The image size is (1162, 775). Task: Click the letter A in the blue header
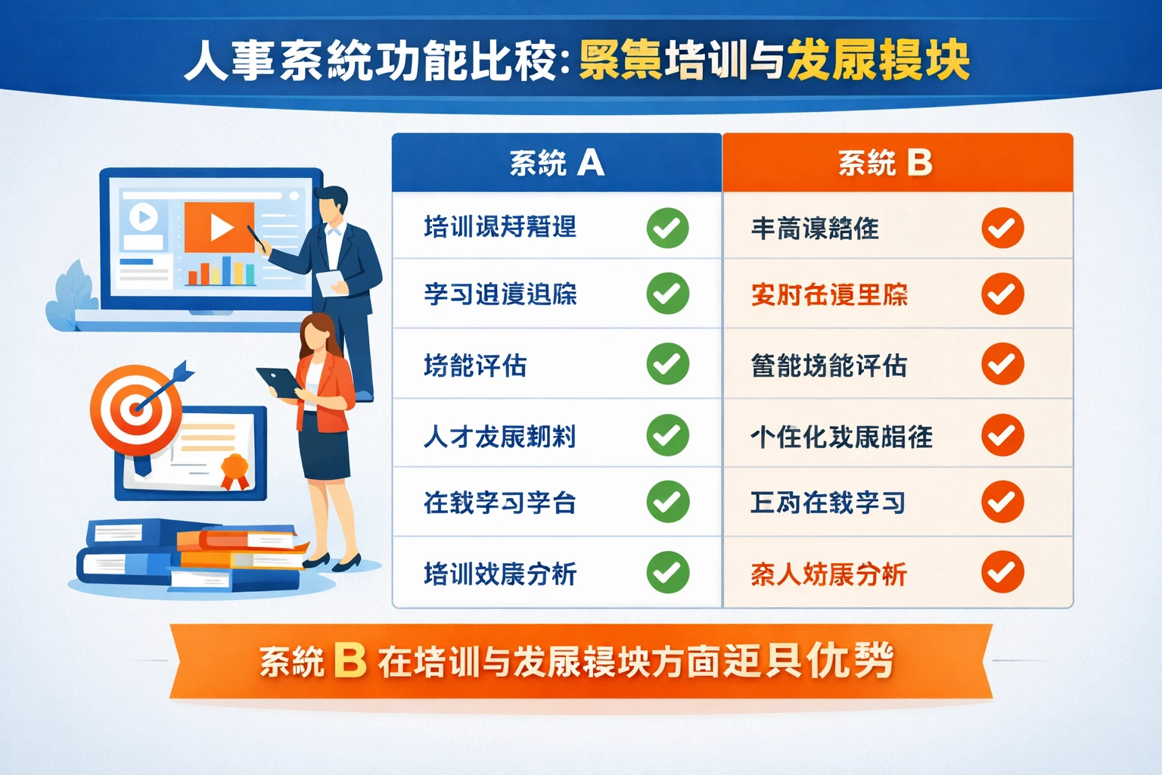(591, 163)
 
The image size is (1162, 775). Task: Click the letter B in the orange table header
(919, 163)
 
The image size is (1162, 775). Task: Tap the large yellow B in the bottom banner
(350, 660)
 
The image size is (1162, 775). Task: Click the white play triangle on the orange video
(221, 227)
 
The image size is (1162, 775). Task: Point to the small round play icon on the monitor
(143, 217)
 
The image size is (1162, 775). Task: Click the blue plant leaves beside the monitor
(72, 299)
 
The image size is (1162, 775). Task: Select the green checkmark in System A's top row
(667, 228)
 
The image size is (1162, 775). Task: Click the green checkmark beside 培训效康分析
(667, 572)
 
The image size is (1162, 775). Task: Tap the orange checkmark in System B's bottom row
(1002, 572)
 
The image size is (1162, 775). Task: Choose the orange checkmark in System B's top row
(1002, 228)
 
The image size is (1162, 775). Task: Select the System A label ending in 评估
(475, 366)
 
